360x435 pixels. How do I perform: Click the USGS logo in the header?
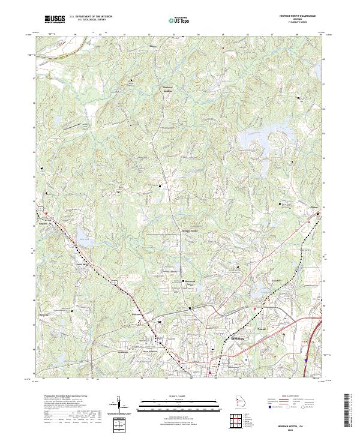tap(55, 19)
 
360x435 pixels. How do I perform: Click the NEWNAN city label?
tap(220, 339)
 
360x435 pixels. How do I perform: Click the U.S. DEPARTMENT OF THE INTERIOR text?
tap(91, 17)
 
